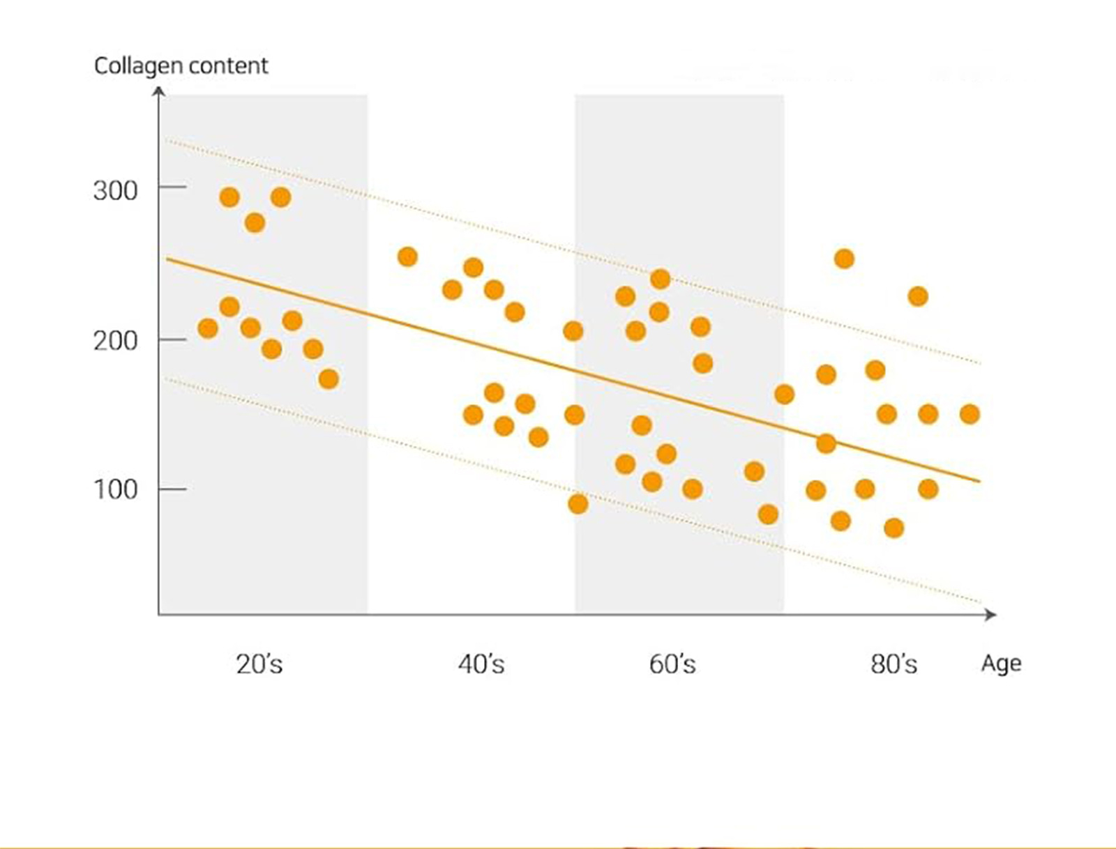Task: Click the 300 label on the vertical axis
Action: [115, 190]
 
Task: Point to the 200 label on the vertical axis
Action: [115, 341]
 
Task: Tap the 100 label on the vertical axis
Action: [115, 489]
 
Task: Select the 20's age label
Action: [259, 664]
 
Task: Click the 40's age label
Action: [481, 664]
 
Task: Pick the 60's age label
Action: [672, 664]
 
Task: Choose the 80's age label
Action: [893, 664]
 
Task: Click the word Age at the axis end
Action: [1001, 664]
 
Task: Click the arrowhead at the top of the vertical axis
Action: [160, 91]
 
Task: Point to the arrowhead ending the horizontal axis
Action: [991, 614]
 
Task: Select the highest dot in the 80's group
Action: [844, 259]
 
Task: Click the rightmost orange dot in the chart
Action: [970, 414]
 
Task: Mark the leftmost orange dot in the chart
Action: [208, 328]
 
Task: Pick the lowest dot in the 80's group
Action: [893, 528]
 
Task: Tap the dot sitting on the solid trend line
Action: [826, 443]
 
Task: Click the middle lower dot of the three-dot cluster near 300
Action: [255, 223]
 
